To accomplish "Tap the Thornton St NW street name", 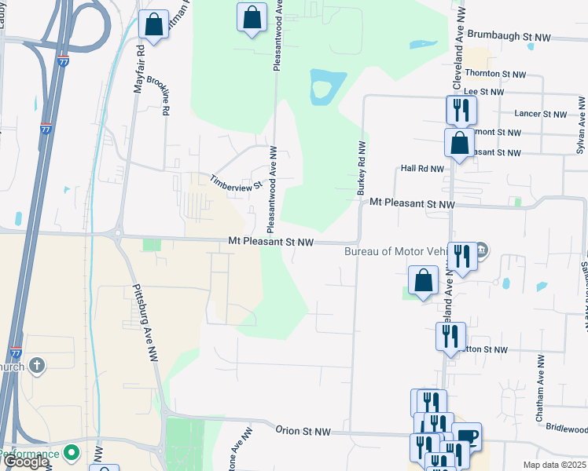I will click(x=496, y=74).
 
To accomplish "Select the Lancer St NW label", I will click(x=541, y=114).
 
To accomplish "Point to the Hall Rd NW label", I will click(x=422, y=168).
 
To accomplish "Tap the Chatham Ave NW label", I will click(x=540, y=389).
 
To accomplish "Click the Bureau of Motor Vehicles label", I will click(x=397, y=251).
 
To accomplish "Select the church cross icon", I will click(x=37, y=366).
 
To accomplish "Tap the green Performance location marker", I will click(x=72, y=453).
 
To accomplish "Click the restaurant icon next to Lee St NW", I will click(x=460, y=109).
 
